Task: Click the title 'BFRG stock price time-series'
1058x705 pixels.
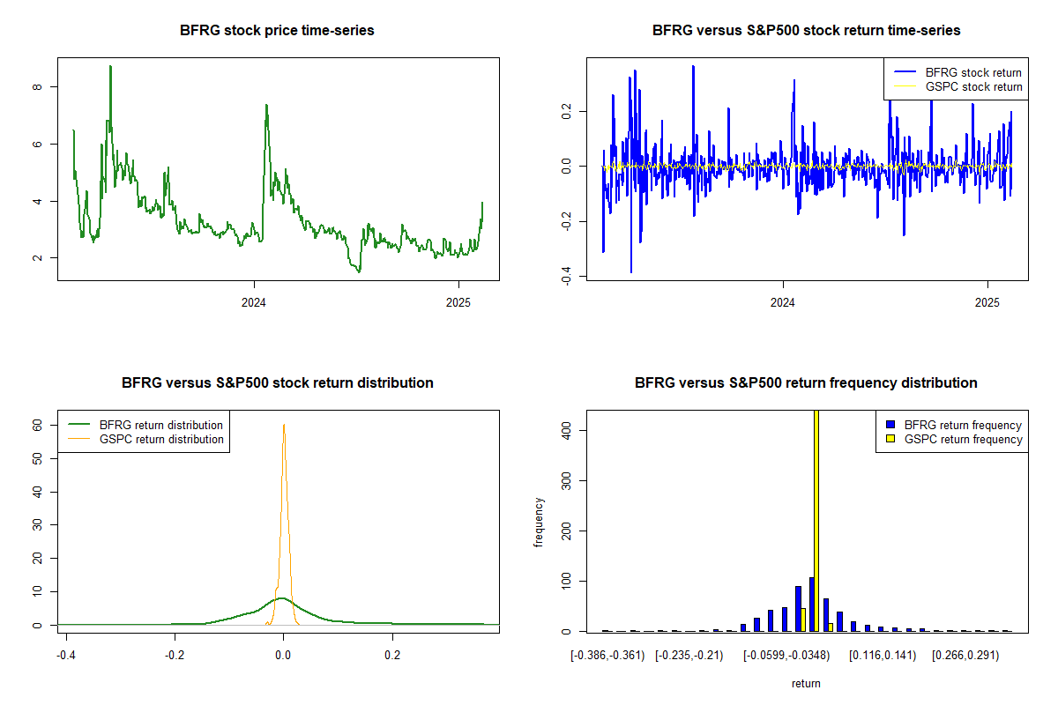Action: point(277,30)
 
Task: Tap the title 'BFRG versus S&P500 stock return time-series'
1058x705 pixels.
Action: point(806,30)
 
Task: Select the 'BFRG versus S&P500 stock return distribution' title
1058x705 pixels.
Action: point(277,382)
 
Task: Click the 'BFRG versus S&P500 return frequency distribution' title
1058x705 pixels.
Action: point(806,382)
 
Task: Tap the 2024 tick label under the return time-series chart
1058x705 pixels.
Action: point(783,303)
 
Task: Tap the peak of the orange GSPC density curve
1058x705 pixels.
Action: point(283,425)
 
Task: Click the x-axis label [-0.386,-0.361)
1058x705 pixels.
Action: point(607,656)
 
